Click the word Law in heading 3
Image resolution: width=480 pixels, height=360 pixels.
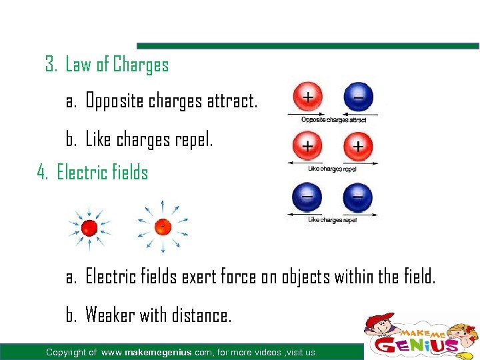pos(78,65)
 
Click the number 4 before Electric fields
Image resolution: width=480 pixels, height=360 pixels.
pos(42,173)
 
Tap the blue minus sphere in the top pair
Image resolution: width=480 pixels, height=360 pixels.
pos(358,97)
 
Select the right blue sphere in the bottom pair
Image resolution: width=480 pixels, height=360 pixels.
pos(358,197)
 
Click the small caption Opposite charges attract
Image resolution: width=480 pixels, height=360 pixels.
pos(333,120)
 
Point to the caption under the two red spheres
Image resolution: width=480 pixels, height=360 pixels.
pos(332,169)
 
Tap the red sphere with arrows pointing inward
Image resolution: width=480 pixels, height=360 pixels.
pos(89,229)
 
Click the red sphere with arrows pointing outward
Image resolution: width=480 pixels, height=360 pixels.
pos(162,227)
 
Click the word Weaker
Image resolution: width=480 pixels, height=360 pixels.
pos(111,315)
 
